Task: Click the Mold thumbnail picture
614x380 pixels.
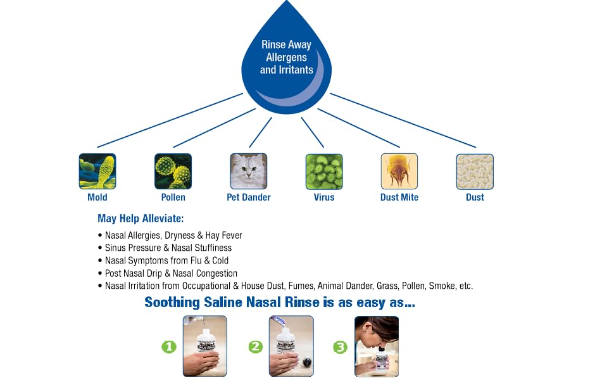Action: coord(97,171)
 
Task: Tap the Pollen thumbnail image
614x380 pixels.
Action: coord(173,171)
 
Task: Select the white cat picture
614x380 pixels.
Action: coord(249,171)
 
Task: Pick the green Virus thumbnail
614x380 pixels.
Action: coord(324,172)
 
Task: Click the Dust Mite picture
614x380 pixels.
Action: coord(399,171)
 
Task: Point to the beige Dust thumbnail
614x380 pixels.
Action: coord(475,172)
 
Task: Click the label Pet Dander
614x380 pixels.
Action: coord(249,197)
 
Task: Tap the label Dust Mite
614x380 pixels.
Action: coord(399,197)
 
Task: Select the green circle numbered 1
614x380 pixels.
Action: coord(169,346)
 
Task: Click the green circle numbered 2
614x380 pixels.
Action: coord(256,346)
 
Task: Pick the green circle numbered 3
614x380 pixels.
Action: coord(341,346)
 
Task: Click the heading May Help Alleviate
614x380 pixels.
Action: coord(141,218)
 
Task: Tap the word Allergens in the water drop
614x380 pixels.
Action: coord(286,58)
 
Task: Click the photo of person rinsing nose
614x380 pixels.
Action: coord(377,346)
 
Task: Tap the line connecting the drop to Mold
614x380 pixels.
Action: coord(170,120)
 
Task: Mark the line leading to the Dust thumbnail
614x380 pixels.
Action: coord(403,120)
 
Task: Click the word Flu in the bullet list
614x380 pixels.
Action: coord(196,260)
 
